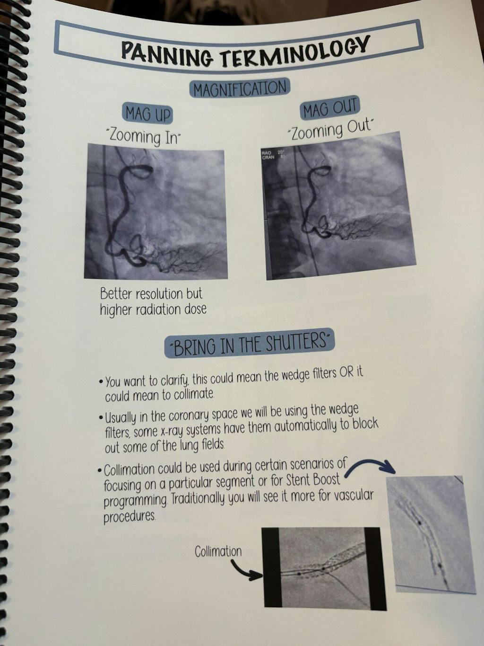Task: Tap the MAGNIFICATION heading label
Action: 240,88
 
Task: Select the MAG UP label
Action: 148,114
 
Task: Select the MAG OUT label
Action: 329,108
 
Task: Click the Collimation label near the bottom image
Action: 218,551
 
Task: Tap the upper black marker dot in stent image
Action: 420,523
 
